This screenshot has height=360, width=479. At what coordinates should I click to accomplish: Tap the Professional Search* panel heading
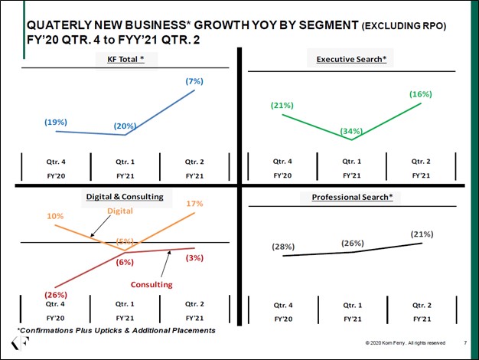click(351, 198)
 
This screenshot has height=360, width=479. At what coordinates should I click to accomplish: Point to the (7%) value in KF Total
click(194, 80)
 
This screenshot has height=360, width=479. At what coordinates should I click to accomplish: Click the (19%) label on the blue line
click(55, 121)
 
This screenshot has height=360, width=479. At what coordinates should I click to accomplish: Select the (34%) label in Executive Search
click(351, 131)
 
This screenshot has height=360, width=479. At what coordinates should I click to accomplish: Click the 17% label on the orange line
click(194, 204)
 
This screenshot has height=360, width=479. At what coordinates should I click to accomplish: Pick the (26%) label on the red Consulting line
click(55, 294)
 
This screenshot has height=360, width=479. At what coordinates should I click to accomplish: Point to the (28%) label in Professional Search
click(283, 247)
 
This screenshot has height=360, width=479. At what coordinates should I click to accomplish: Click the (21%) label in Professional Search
click(422, 234)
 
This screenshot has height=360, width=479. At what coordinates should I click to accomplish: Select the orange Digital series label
click(120, 210)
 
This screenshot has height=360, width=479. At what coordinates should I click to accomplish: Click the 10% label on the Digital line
click(55, 216)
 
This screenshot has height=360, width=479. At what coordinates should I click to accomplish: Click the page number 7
click(466, 342)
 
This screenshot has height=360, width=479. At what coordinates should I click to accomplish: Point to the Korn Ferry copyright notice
click(406, 342)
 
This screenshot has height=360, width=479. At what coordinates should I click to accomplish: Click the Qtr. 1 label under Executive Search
click(351, 162)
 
